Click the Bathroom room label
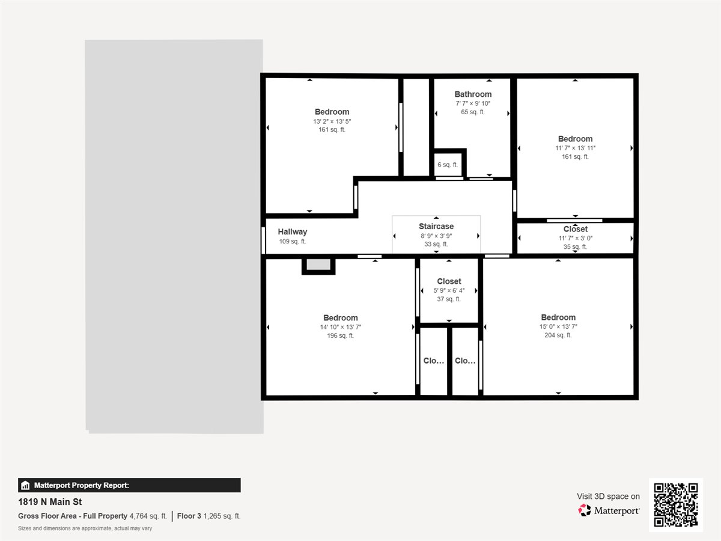click(473, 94)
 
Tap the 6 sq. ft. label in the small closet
click(447, 165)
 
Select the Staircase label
click(436, 227)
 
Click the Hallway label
click(292, 232)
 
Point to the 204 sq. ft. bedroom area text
click(558, 335)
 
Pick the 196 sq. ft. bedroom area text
click(340, 336)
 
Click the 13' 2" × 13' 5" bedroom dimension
click(332, 121)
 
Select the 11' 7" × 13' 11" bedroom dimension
click(575, 148)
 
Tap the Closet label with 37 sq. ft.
click(449, 281)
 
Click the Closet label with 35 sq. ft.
click(575, 229)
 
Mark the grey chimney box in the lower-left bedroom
click(318, 265)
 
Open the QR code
click(675, 505)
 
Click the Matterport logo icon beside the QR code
click(585, 510)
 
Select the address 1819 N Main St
click(50, 502)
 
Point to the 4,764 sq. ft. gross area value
click(148, 516)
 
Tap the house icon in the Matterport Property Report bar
click(25, 486)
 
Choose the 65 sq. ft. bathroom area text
click(473, 112)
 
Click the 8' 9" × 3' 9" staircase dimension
click(436, 236)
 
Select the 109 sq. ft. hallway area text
click(292, 242)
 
